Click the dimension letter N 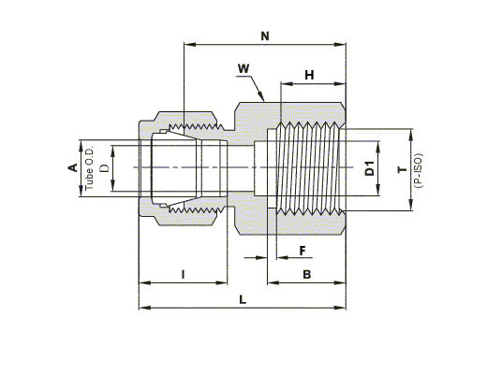tap(265, 36)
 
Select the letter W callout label tap(243, 68)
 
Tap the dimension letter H tap(309, 75)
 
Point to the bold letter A tap(73, 167)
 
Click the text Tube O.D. tap(90, 167)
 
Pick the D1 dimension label tap(370, 168)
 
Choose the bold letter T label tap(403, 169)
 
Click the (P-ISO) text tap(419, 170)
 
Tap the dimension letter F tap(303, 251)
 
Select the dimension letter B tap(307, 275)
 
